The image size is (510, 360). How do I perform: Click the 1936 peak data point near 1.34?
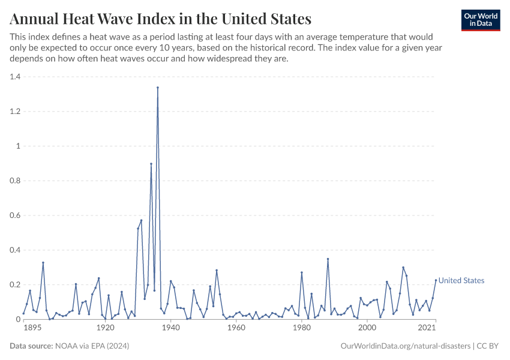pyautogui.click(x=158, y=88)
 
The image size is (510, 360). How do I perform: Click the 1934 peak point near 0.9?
pyautogui.click(x=151, y=164)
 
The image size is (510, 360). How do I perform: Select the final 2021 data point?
pyautogui.click(x=436, y=280)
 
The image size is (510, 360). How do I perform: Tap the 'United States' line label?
pyautogui.click(x=461, y=281)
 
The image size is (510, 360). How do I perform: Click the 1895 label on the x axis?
pyautogui.click(x=32, y=328)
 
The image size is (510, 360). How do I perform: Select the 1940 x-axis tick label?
pyautogui.click(x=171, y=328)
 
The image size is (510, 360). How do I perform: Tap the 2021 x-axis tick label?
pyautogui.click(x=427, y=328)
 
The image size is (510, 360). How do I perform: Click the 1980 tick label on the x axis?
pyautogui.click(x=301, y=328)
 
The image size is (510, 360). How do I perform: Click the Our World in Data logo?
pyautogui.click(x=480, y=20)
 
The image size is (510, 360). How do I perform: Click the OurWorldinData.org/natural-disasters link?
pyautogui.click(x=405, y=346)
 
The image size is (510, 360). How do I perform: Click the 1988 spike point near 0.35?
pyautogui.click(x=328, y=259)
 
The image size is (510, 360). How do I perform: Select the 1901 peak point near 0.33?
pyautogui.click(x=43, y=263)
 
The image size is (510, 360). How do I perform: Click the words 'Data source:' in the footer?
pyautogui.click(x=30, y=346)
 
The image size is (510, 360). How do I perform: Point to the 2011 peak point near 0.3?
pyautogui.click(x=403, y=268)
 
